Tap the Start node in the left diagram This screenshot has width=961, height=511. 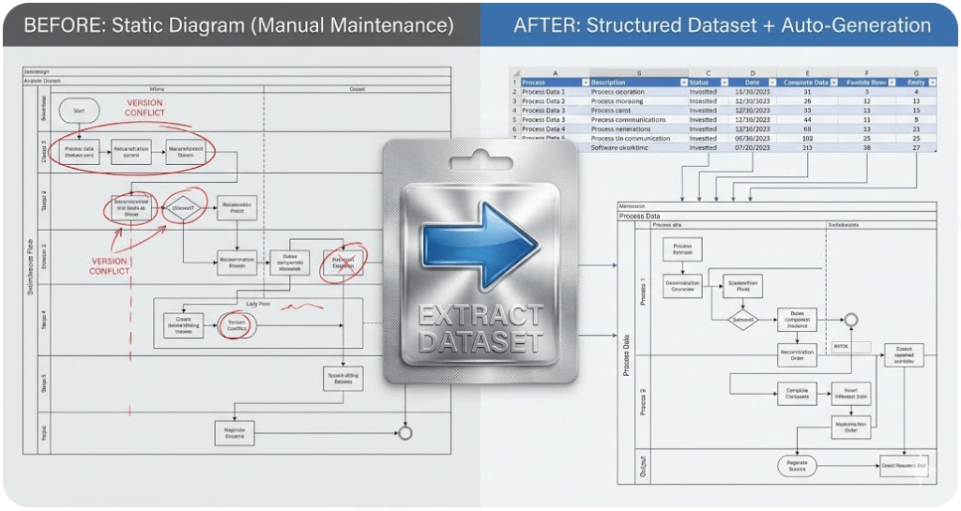point(79,112)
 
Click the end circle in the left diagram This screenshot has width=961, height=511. point(405,433)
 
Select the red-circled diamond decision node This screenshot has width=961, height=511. point(184,208)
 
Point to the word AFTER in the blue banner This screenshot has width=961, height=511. point(544,25)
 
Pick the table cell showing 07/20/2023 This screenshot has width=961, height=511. point(753,147)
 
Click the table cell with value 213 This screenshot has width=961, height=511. point(808,147)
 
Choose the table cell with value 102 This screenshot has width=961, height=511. point(808,138)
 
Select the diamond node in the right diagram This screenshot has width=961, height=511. point(743,319)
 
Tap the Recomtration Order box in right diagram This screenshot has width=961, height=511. point(797,353)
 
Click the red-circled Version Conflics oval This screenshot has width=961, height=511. point(236,324)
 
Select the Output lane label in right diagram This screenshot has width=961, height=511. point(643,466)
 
